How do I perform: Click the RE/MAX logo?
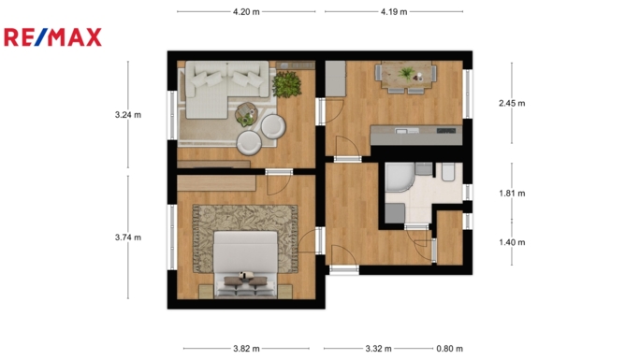pos(52,37)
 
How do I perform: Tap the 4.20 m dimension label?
pos(246,12)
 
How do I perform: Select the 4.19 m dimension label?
pos(394,12)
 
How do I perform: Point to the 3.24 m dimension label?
pos(128,115)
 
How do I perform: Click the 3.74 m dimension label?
pos(128,238)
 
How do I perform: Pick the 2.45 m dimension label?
pos(512,103)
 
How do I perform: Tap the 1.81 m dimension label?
pos(512,194)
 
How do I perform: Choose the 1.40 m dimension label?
pos(512,242)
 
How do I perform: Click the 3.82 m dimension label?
pos(246,349)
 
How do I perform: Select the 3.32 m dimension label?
pos(378,349)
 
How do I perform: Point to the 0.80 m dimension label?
pos(449,349)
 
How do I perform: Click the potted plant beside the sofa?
pos(286,84)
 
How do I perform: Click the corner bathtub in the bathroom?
pos(400,177)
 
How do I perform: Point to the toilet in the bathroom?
pos(448,172)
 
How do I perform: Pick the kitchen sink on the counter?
pos(407,131)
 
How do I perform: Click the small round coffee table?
pos(246,114)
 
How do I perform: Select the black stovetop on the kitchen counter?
pos(445,131)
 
